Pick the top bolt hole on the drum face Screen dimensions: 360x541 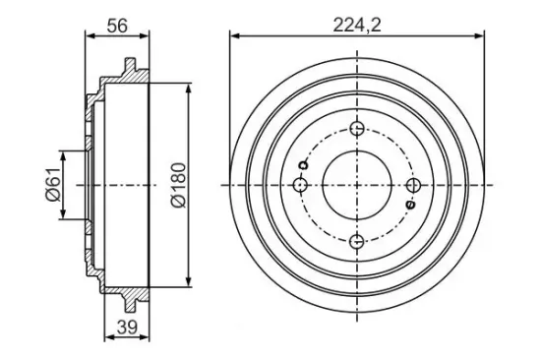(x=357, y=129)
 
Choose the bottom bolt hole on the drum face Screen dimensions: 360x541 (x=357, y=241)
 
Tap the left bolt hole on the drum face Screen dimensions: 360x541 (x=301, y=185)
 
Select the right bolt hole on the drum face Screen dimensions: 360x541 (x=413, y=185)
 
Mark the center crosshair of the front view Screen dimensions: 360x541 (x=357, y=185)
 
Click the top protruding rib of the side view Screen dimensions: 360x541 (x=129, y=67)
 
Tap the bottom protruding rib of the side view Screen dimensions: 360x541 (x=129, y=302)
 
